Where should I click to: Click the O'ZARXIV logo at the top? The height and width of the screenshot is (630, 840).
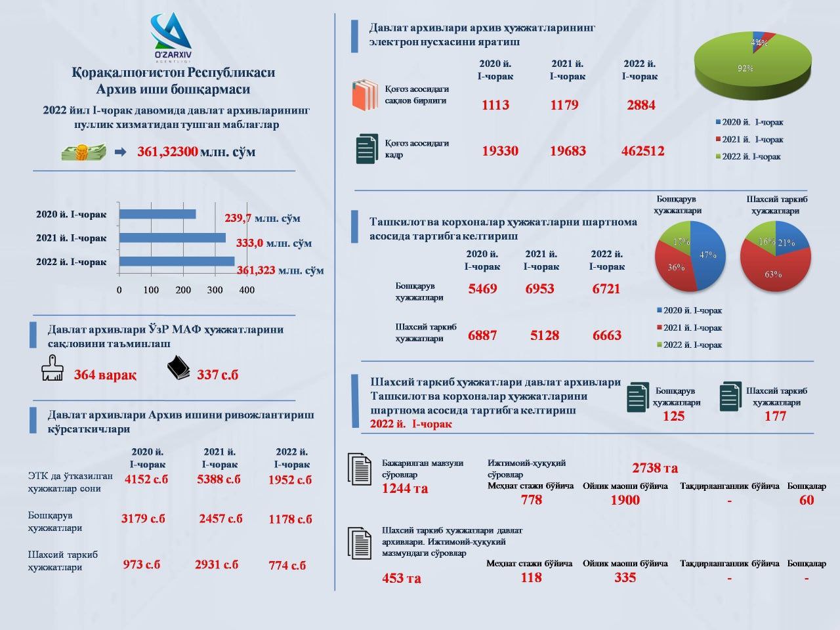pos(171,37)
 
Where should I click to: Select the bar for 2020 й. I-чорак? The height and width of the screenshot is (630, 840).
pos(157,214)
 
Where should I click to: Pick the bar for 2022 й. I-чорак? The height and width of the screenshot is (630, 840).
pos(177,261)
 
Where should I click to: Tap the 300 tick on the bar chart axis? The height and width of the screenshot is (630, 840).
pos(215,290)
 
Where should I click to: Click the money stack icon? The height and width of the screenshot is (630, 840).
pos(84,152)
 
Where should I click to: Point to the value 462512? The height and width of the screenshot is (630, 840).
pos(642,151)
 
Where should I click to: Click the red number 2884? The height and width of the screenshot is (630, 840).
pos(641,105)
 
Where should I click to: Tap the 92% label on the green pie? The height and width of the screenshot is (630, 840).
pos(745,68)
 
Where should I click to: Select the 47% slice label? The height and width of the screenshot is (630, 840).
pos(707,255)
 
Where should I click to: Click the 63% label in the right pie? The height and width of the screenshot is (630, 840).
pos(773,274)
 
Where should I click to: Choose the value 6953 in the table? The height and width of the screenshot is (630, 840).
pos(539,288)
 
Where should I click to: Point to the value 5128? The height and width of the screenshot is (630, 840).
pos(545,335)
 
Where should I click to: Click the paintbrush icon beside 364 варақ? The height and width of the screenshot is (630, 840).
pos(52,368)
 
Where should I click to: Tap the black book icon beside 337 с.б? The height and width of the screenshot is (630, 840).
pos(178,367)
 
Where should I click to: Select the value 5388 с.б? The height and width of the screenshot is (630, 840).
pos(219,479)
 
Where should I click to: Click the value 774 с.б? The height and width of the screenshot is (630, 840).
pos(287,565)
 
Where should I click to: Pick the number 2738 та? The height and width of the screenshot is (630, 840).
pos(655,468)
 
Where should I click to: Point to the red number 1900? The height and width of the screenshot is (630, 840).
pos(625,500)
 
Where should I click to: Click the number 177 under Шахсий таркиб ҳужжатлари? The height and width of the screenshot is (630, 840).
pos(775,416)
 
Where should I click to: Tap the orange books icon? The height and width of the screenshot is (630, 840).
pos(365,95)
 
